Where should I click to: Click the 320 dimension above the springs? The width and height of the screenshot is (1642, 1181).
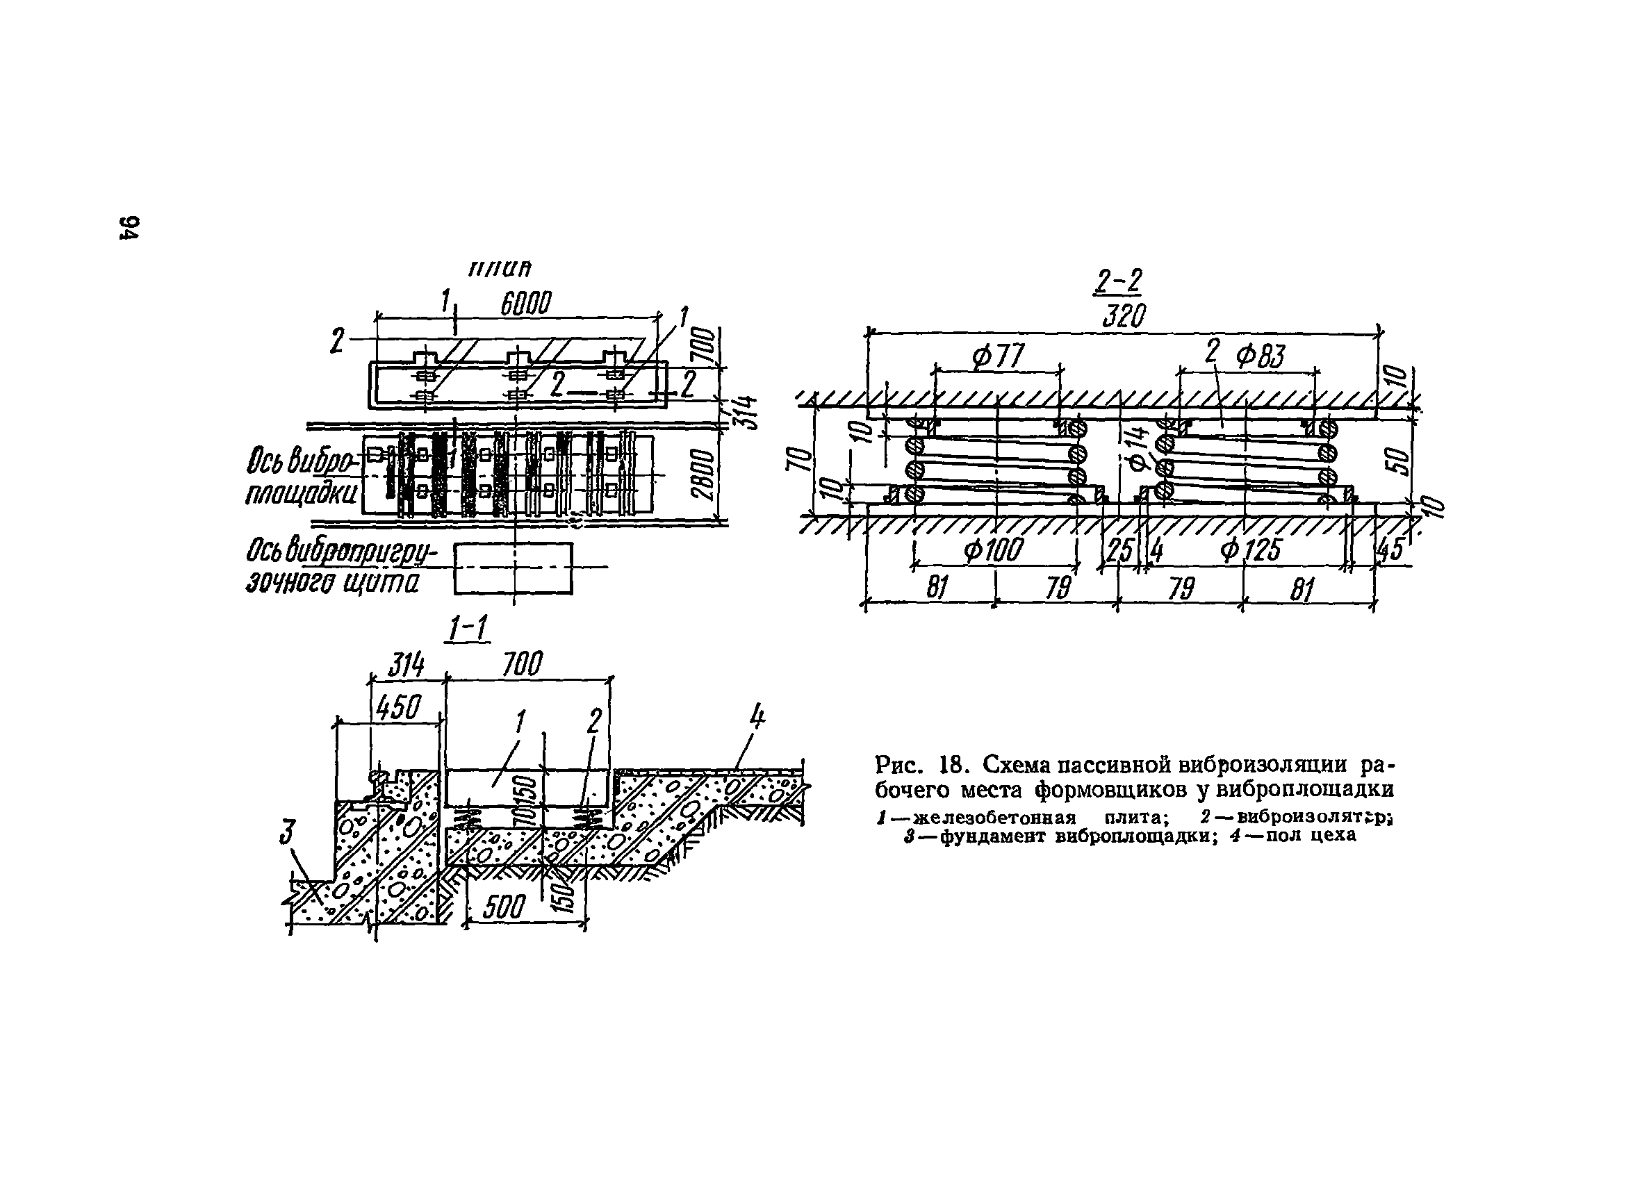pos(1124,315)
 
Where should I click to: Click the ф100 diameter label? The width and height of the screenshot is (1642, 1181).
pos(992,552)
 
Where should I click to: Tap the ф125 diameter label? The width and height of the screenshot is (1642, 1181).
pos(1250,552)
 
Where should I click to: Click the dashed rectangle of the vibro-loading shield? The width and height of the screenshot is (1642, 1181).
pos(513,568)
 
